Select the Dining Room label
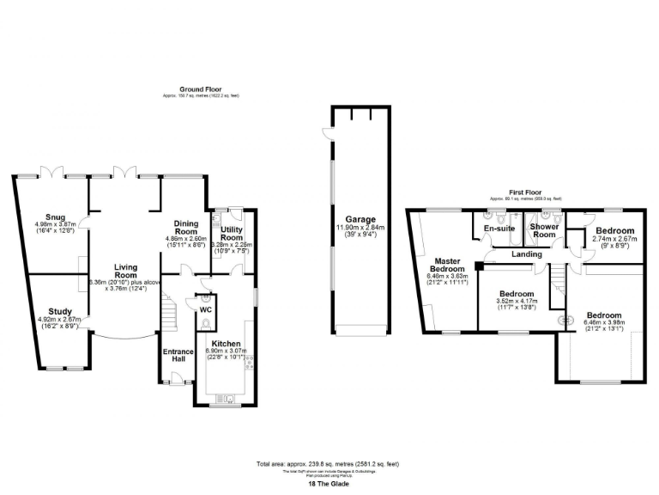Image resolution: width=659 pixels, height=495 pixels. click(x=186, y=226)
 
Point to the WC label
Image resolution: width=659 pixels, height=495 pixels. click(x=206, y=309)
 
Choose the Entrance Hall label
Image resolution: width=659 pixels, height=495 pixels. click(x=174, y=354)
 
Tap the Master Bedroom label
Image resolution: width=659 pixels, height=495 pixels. click(x=448, y=265)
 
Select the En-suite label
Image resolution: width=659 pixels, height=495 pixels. click(x=499, y=229)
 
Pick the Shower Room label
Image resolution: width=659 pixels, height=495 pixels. click(x=544, y=230)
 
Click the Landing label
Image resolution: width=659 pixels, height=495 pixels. click(x=526, y=254)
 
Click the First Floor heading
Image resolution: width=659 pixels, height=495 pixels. click(x=526, y=193)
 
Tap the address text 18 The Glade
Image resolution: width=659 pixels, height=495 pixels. click(x=329, y=485)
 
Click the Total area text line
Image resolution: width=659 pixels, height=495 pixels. click(x=329, y=464)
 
